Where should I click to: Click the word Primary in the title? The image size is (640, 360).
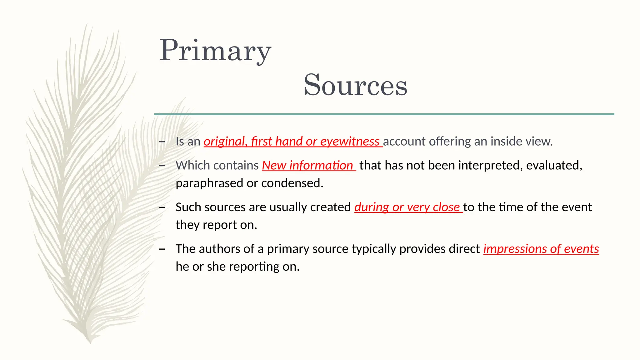[215, 51]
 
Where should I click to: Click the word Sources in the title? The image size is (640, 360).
[355, 85]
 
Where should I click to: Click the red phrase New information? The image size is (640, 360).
[307, 166]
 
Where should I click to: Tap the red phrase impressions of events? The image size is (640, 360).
[541, 249]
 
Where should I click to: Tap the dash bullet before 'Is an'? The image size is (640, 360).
[162, 142]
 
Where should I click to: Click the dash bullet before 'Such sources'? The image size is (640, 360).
[162, 207]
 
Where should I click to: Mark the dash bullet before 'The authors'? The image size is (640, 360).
[162, 249]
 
